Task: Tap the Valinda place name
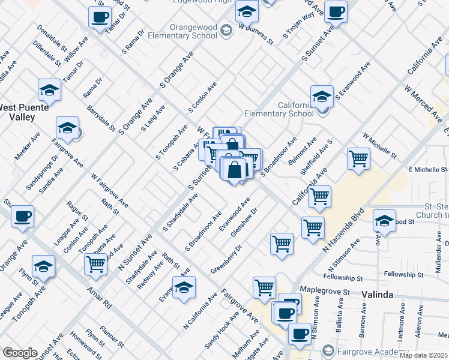point(377,295)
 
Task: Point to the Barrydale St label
point(101,119)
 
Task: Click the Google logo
point(20,353)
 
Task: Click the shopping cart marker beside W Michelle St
point(358,159)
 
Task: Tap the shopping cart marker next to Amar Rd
point(96,265)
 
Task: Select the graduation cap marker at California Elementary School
point(322,96)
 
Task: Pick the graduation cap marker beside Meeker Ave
point(68,128)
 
